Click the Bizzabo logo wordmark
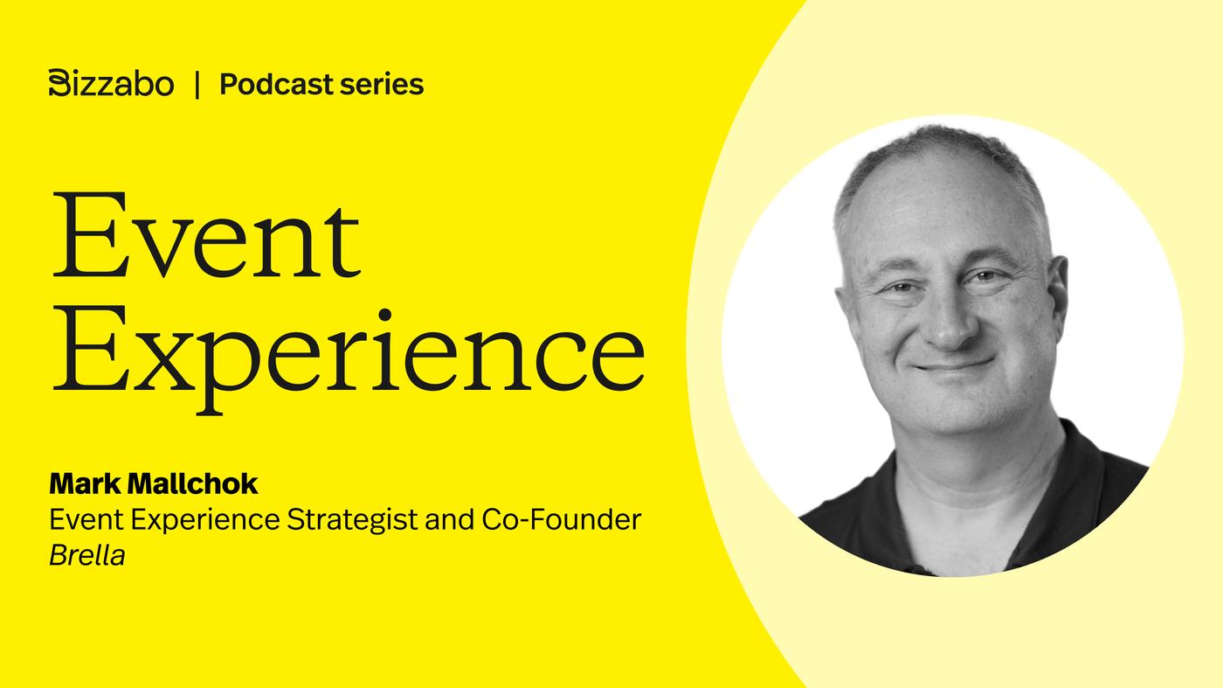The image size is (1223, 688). [x=112, y=84]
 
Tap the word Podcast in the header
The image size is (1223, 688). [x=276, y=85]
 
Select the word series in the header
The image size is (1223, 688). [x=381, y=86]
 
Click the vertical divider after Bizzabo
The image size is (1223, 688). [x=197, y=85]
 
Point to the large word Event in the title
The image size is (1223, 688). [x=206, y=235]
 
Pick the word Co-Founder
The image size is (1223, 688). [x=561, y=519]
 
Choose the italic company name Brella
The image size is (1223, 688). [x=87, y=555]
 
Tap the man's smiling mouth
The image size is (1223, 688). [x=954, y=365]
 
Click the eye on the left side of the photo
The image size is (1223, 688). [x=902, y=287]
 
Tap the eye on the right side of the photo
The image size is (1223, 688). [x=985, y=276]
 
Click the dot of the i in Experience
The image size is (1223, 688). [x=385, y=315]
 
